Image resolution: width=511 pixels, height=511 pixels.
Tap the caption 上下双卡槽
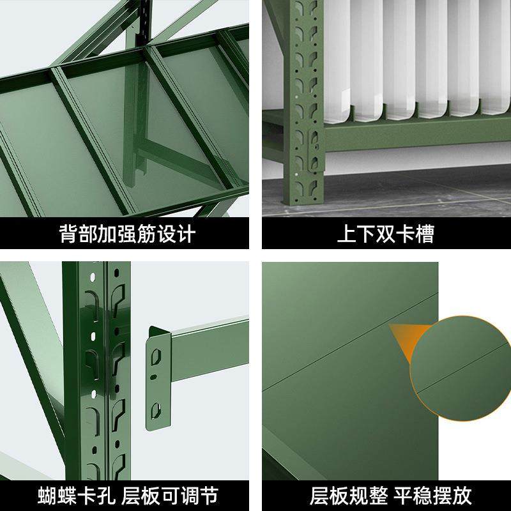click(385, 234)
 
